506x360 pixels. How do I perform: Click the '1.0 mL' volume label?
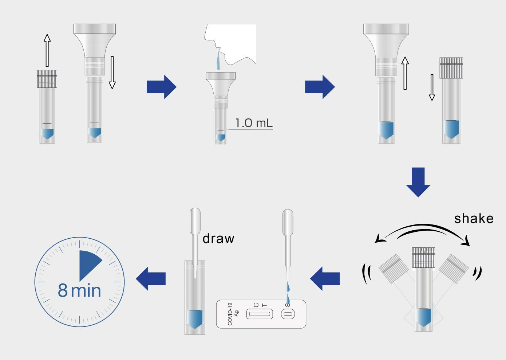254,123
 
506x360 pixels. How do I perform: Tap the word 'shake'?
474,219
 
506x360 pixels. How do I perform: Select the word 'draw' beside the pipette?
218,238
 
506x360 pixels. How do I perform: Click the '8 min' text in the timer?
79,290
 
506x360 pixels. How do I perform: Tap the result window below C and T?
260,314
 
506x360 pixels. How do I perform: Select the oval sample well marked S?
288,314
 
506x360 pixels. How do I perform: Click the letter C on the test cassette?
256,305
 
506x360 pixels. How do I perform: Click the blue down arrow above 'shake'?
418,182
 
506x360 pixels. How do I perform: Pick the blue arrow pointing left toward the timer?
151,278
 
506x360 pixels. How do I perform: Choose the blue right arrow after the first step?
162,87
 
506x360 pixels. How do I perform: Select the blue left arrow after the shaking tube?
325,278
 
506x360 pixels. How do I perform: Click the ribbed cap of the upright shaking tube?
424,258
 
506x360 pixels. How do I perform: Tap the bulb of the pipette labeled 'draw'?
195,220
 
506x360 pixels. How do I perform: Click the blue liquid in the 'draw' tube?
195,319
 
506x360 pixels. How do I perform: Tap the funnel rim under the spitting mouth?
221,75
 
